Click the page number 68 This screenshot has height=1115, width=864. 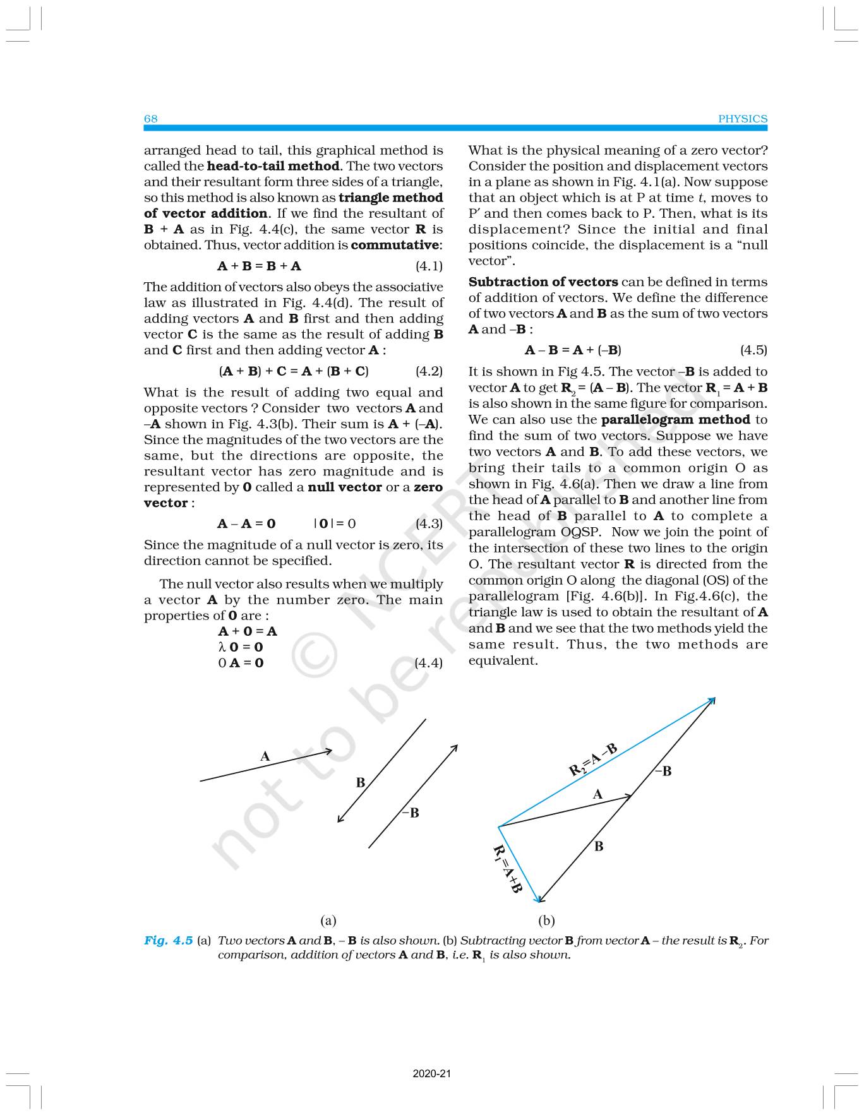pos(150,119)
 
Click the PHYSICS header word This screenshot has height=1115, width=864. pos(743,119)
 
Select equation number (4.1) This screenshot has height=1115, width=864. pos(429,266)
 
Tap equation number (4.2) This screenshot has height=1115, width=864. pos(429,371)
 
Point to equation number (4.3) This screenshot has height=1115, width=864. pos(429,523)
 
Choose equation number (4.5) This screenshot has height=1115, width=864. pos(753,350)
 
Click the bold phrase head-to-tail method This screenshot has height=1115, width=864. pos(273,166)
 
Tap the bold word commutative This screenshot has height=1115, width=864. pos(395,245)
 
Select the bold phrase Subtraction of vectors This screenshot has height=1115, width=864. pos(543,282)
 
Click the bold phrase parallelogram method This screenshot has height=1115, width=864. pos(675,420)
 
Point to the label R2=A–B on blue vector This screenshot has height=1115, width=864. pos(592,760)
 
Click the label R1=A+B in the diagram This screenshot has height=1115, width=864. pos(507,869)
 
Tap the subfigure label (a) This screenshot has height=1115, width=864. pos(328,920)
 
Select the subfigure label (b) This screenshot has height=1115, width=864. pos(546,920)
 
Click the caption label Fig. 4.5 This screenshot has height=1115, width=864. pos(168,940)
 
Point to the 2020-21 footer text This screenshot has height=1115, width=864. pos(432,1073)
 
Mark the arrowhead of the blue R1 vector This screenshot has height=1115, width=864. pos(538,900)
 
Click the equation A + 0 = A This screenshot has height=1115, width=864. pos(247,631)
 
